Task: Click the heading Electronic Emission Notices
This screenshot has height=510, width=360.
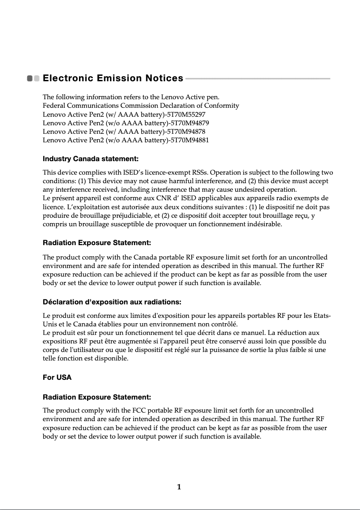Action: tap(113, 79)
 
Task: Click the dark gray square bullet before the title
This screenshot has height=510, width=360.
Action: tap(30, 79)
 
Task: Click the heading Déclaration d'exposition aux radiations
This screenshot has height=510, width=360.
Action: tap(112, 301)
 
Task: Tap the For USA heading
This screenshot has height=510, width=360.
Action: tap(57, 378)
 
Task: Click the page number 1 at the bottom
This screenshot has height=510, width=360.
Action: tap(179, 487)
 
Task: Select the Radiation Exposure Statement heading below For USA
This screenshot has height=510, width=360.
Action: tap(97, 397)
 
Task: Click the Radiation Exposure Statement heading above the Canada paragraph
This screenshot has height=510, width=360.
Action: tap(97, 243)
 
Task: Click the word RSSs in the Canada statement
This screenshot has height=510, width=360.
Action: tap(200, 173)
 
